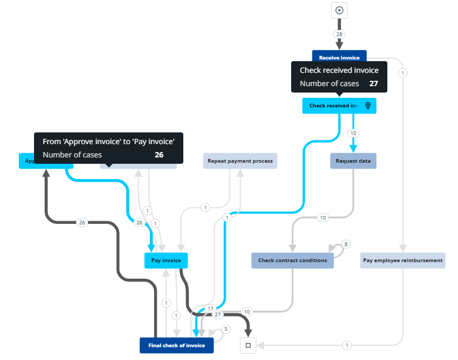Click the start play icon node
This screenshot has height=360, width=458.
(x=340, y=10)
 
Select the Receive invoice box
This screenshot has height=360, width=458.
(x=339, y=57)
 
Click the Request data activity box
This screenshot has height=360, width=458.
(x=353, y=161)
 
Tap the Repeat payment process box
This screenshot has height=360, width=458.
(x=240, y=161)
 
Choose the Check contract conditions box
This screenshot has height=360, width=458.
(x=292, y=261)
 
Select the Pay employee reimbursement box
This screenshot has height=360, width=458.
(x=403, y=261)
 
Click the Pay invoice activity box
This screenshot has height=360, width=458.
(x=166, y=261)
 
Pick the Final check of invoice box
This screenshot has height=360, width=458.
(x=176, y=346)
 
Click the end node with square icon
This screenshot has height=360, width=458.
(x=248, y=346)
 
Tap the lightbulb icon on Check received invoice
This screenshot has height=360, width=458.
(x=368, y=106)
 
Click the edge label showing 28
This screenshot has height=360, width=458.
(x=339, y=34)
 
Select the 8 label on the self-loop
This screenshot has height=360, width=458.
(x=345, y=244)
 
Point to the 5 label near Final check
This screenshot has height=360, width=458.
(x=225, y=329)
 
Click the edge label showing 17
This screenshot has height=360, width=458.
(x=210, y=308)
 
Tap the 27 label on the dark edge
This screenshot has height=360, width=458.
(x=217, y=315)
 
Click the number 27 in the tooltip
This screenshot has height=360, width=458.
(x=374, y=83)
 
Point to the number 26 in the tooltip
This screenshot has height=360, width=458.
(x=159, y=155)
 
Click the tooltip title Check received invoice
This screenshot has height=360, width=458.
(x=339, y=70)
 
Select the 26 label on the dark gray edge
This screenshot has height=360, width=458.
(x=82, y=222)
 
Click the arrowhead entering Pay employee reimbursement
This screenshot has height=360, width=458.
(x=403, y=248)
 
